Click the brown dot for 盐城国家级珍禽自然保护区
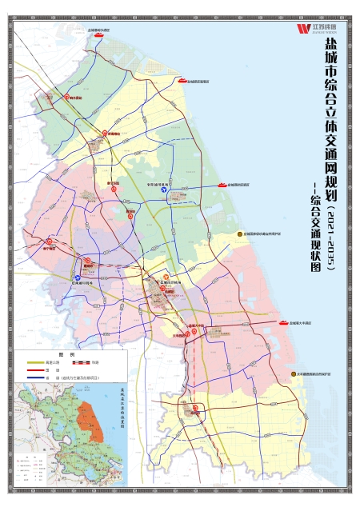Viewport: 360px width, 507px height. (238, 234)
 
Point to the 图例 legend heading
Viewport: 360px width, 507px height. (69, 354)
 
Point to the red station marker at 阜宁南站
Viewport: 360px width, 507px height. (49, 241)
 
